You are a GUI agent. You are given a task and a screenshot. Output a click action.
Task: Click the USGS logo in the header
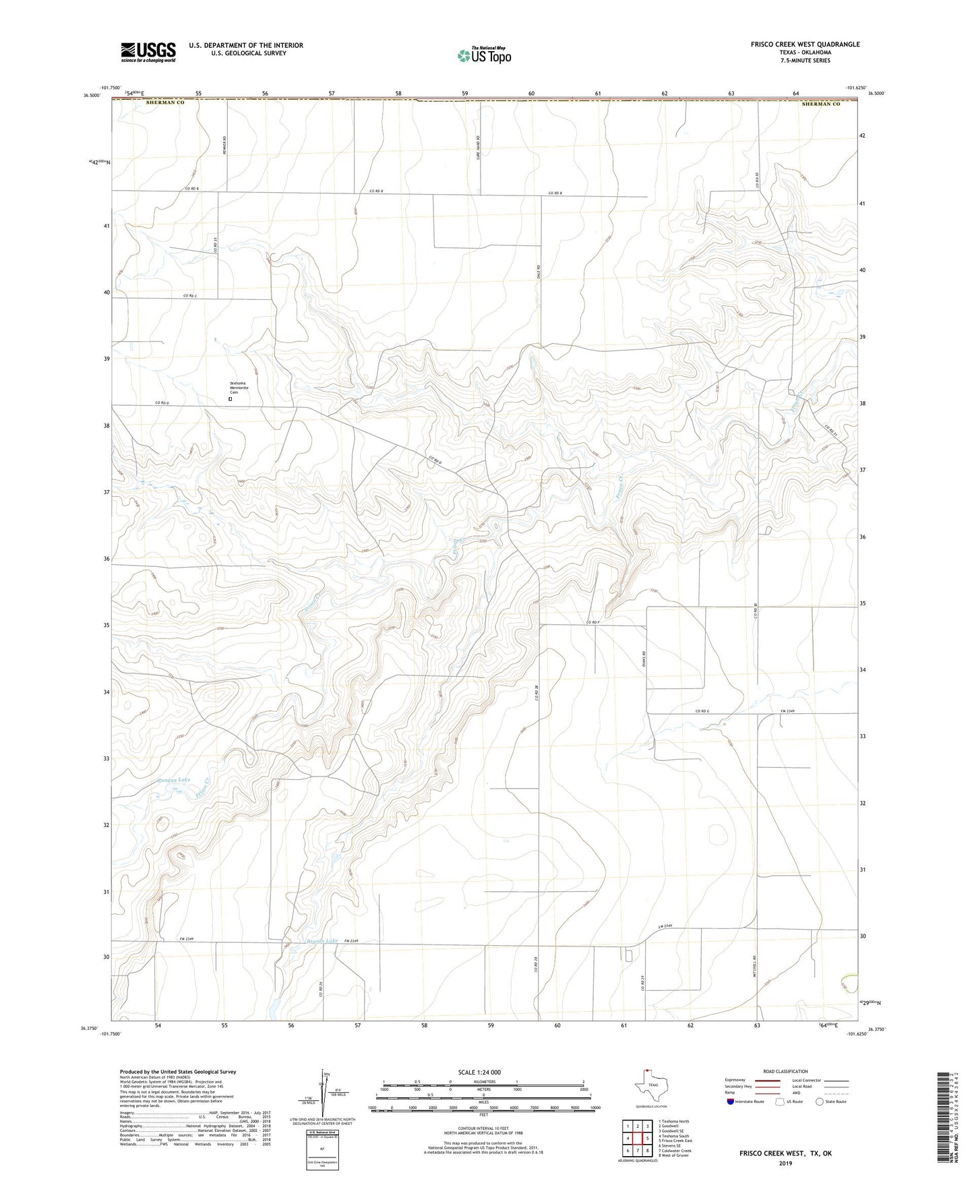pos(148,52)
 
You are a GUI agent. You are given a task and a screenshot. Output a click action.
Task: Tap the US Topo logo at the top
pos(483,55)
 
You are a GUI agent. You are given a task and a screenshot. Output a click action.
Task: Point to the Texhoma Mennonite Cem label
pos(239,388)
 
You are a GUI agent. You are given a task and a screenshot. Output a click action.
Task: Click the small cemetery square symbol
pos(230,398)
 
